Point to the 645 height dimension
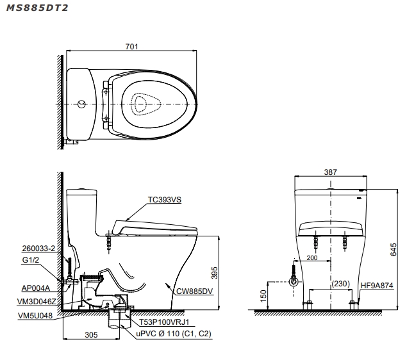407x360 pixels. point(393,249)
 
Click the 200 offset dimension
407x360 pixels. point(313,258)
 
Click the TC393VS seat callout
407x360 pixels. point(165,199)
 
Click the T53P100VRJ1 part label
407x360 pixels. point(165,324)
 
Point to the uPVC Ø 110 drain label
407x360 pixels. point(173,334)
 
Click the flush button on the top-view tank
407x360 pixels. point(81,103)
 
